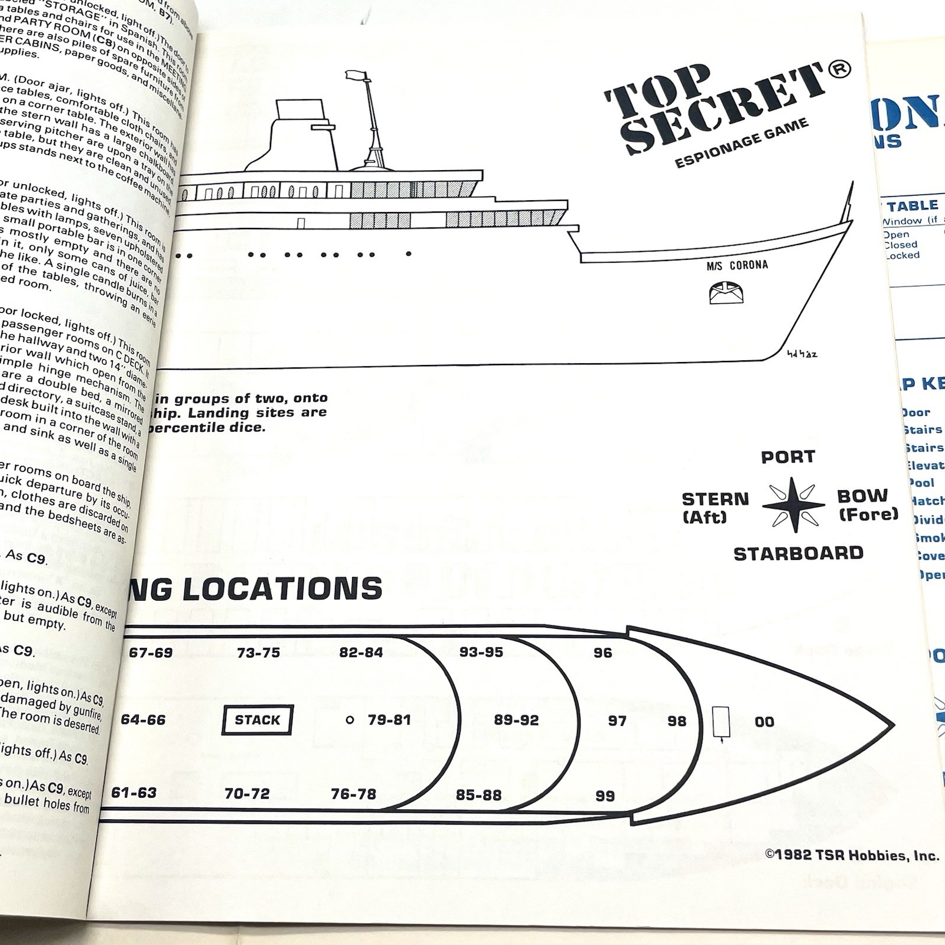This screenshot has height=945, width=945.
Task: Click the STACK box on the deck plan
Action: click(x=258, y=720)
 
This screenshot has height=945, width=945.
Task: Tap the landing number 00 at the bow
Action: click(x=764, y=722)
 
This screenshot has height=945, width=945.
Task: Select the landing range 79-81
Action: click(x=390, y=720)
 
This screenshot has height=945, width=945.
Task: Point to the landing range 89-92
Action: click(x=516, y=721)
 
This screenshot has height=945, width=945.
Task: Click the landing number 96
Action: click(x=602, y=653)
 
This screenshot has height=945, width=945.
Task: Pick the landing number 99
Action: click(x=605, y=796)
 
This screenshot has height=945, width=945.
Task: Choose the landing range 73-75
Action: click(x=258, y=653)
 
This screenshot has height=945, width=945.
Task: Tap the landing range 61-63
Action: click(x=134, y=793)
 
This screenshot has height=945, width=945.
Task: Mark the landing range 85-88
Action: click(x=478, y=796)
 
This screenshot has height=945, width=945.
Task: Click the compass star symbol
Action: click(x=793, y=506)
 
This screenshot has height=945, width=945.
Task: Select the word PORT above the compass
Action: click(x=788, y=457)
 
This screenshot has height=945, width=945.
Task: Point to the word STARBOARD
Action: click(x=798, y=553)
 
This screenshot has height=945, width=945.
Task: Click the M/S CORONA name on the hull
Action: click(x=737, y=265)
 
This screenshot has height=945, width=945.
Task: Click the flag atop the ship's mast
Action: click(x=356, y=75)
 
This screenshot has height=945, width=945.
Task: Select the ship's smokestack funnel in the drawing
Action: click(x=301, y=133)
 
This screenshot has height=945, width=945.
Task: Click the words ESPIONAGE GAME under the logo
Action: click(x=741, y=143)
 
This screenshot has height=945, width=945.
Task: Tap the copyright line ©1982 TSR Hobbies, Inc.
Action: click(x=851, y=855)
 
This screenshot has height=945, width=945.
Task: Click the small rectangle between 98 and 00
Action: click(x=721, y=722)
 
